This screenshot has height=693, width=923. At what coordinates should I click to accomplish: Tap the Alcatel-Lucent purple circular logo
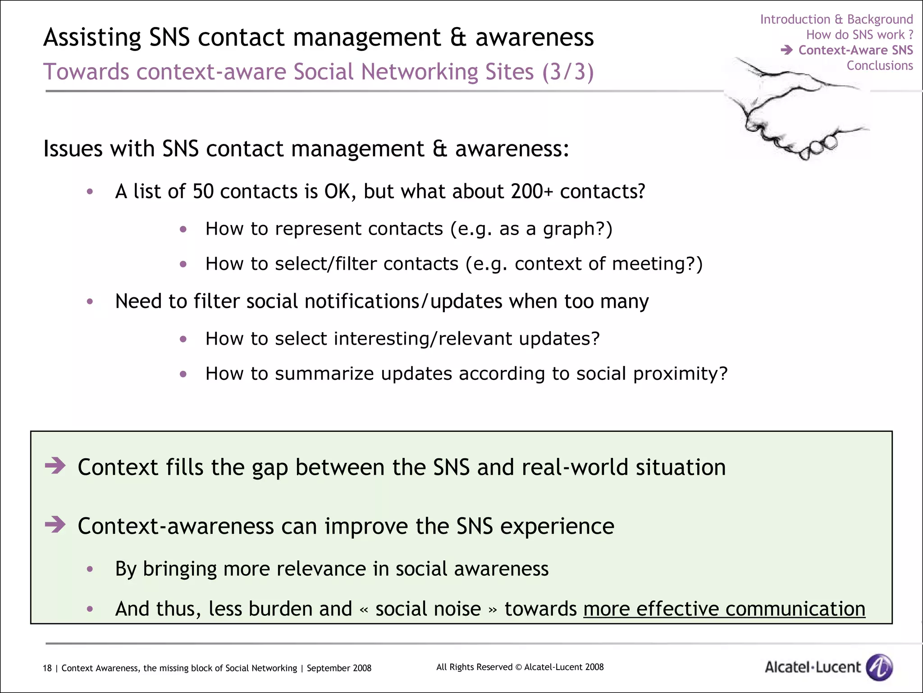click(879, 667)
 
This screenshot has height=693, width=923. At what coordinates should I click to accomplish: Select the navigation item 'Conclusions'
click(879, 66)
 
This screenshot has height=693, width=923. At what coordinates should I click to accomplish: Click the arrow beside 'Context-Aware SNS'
click(786, 50)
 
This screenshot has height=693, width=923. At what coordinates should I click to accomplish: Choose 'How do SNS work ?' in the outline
click(859, 35)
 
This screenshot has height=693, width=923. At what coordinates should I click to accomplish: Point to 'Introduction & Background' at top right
click(836, 19)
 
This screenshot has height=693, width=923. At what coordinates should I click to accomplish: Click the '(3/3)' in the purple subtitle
click(568, 72)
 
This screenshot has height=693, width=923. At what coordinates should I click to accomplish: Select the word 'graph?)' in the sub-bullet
click(578, 229)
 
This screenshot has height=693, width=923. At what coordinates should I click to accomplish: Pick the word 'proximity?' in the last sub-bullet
click(681, 374)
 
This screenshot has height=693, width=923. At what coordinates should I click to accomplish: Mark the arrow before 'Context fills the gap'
click(55, 466)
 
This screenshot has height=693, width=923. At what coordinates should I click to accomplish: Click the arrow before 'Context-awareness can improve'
click(55, 525)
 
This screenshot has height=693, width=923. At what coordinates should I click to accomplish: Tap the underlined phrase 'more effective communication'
click(724, 609)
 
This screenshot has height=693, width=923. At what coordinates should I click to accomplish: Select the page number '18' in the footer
click(47, 668)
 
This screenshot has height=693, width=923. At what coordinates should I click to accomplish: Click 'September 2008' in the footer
click(339, 668)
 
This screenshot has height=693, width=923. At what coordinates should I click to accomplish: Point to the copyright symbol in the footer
click(518, 667)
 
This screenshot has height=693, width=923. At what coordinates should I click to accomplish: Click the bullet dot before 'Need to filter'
click(90, 301)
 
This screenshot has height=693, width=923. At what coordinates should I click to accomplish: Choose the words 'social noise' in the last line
click(428, 609)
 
